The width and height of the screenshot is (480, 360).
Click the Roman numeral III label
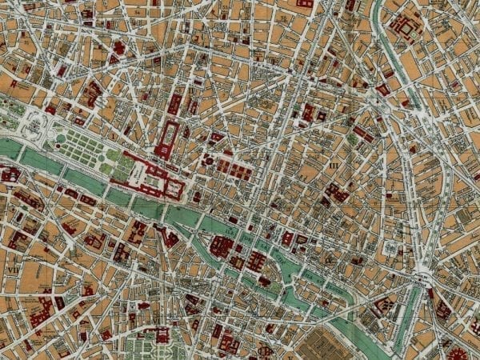click(x=334, y=166)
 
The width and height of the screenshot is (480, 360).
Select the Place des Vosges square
click(x=390, y=248)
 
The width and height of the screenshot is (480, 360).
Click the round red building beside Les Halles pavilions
click(x=209, y=161)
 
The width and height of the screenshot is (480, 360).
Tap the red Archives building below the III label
click(x=336, y=193)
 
